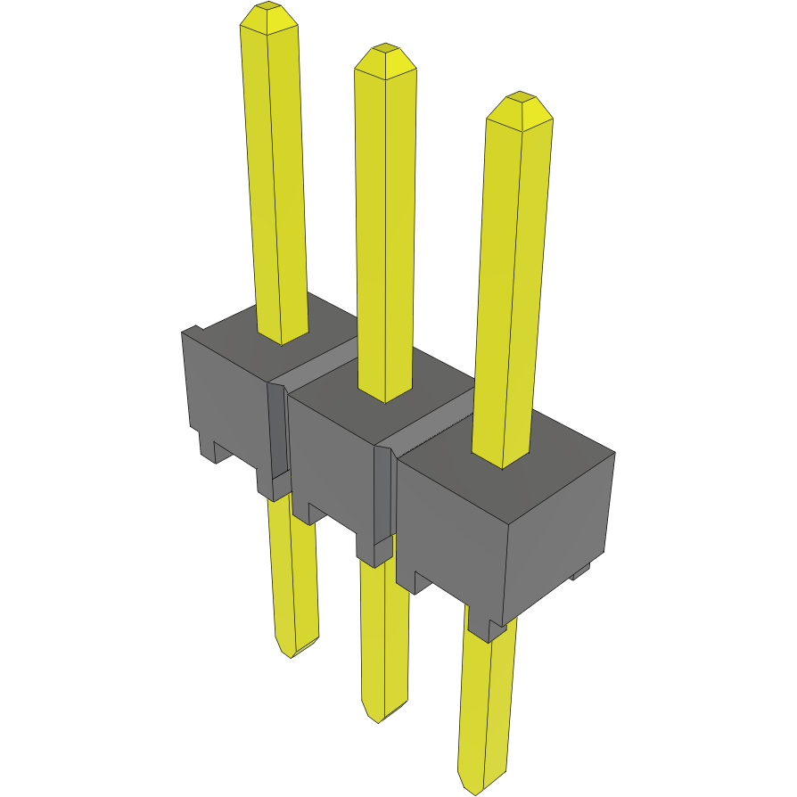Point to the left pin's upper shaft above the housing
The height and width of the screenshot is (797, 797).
pos(277,178)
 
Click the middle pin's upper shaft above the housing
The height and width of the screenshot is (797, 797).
pos(385,223)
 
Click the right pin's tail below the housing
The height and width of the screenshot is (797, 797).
pos(486,704)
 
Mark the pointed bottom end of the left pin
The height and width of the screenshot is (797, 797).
pos(292,651)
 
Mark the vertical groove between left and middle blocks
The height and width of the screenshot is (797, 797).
pos(277,428)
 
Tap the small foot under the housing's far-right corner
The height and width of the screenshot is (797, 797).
pos(580,571)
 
